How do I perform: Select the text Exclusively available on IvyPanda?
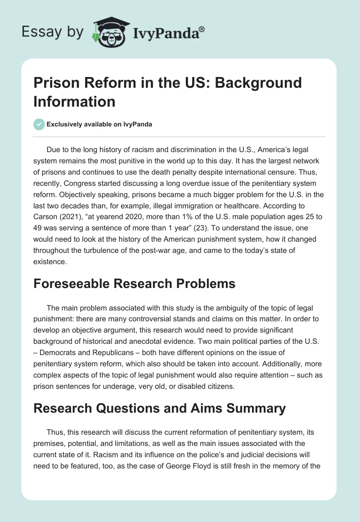click(99, 124)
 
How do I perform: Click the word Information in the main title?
click(74, 101)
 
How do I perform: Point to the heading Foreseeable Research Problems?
click(135, 283)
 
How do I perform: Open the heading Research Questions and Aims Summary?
click(160, 408)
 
